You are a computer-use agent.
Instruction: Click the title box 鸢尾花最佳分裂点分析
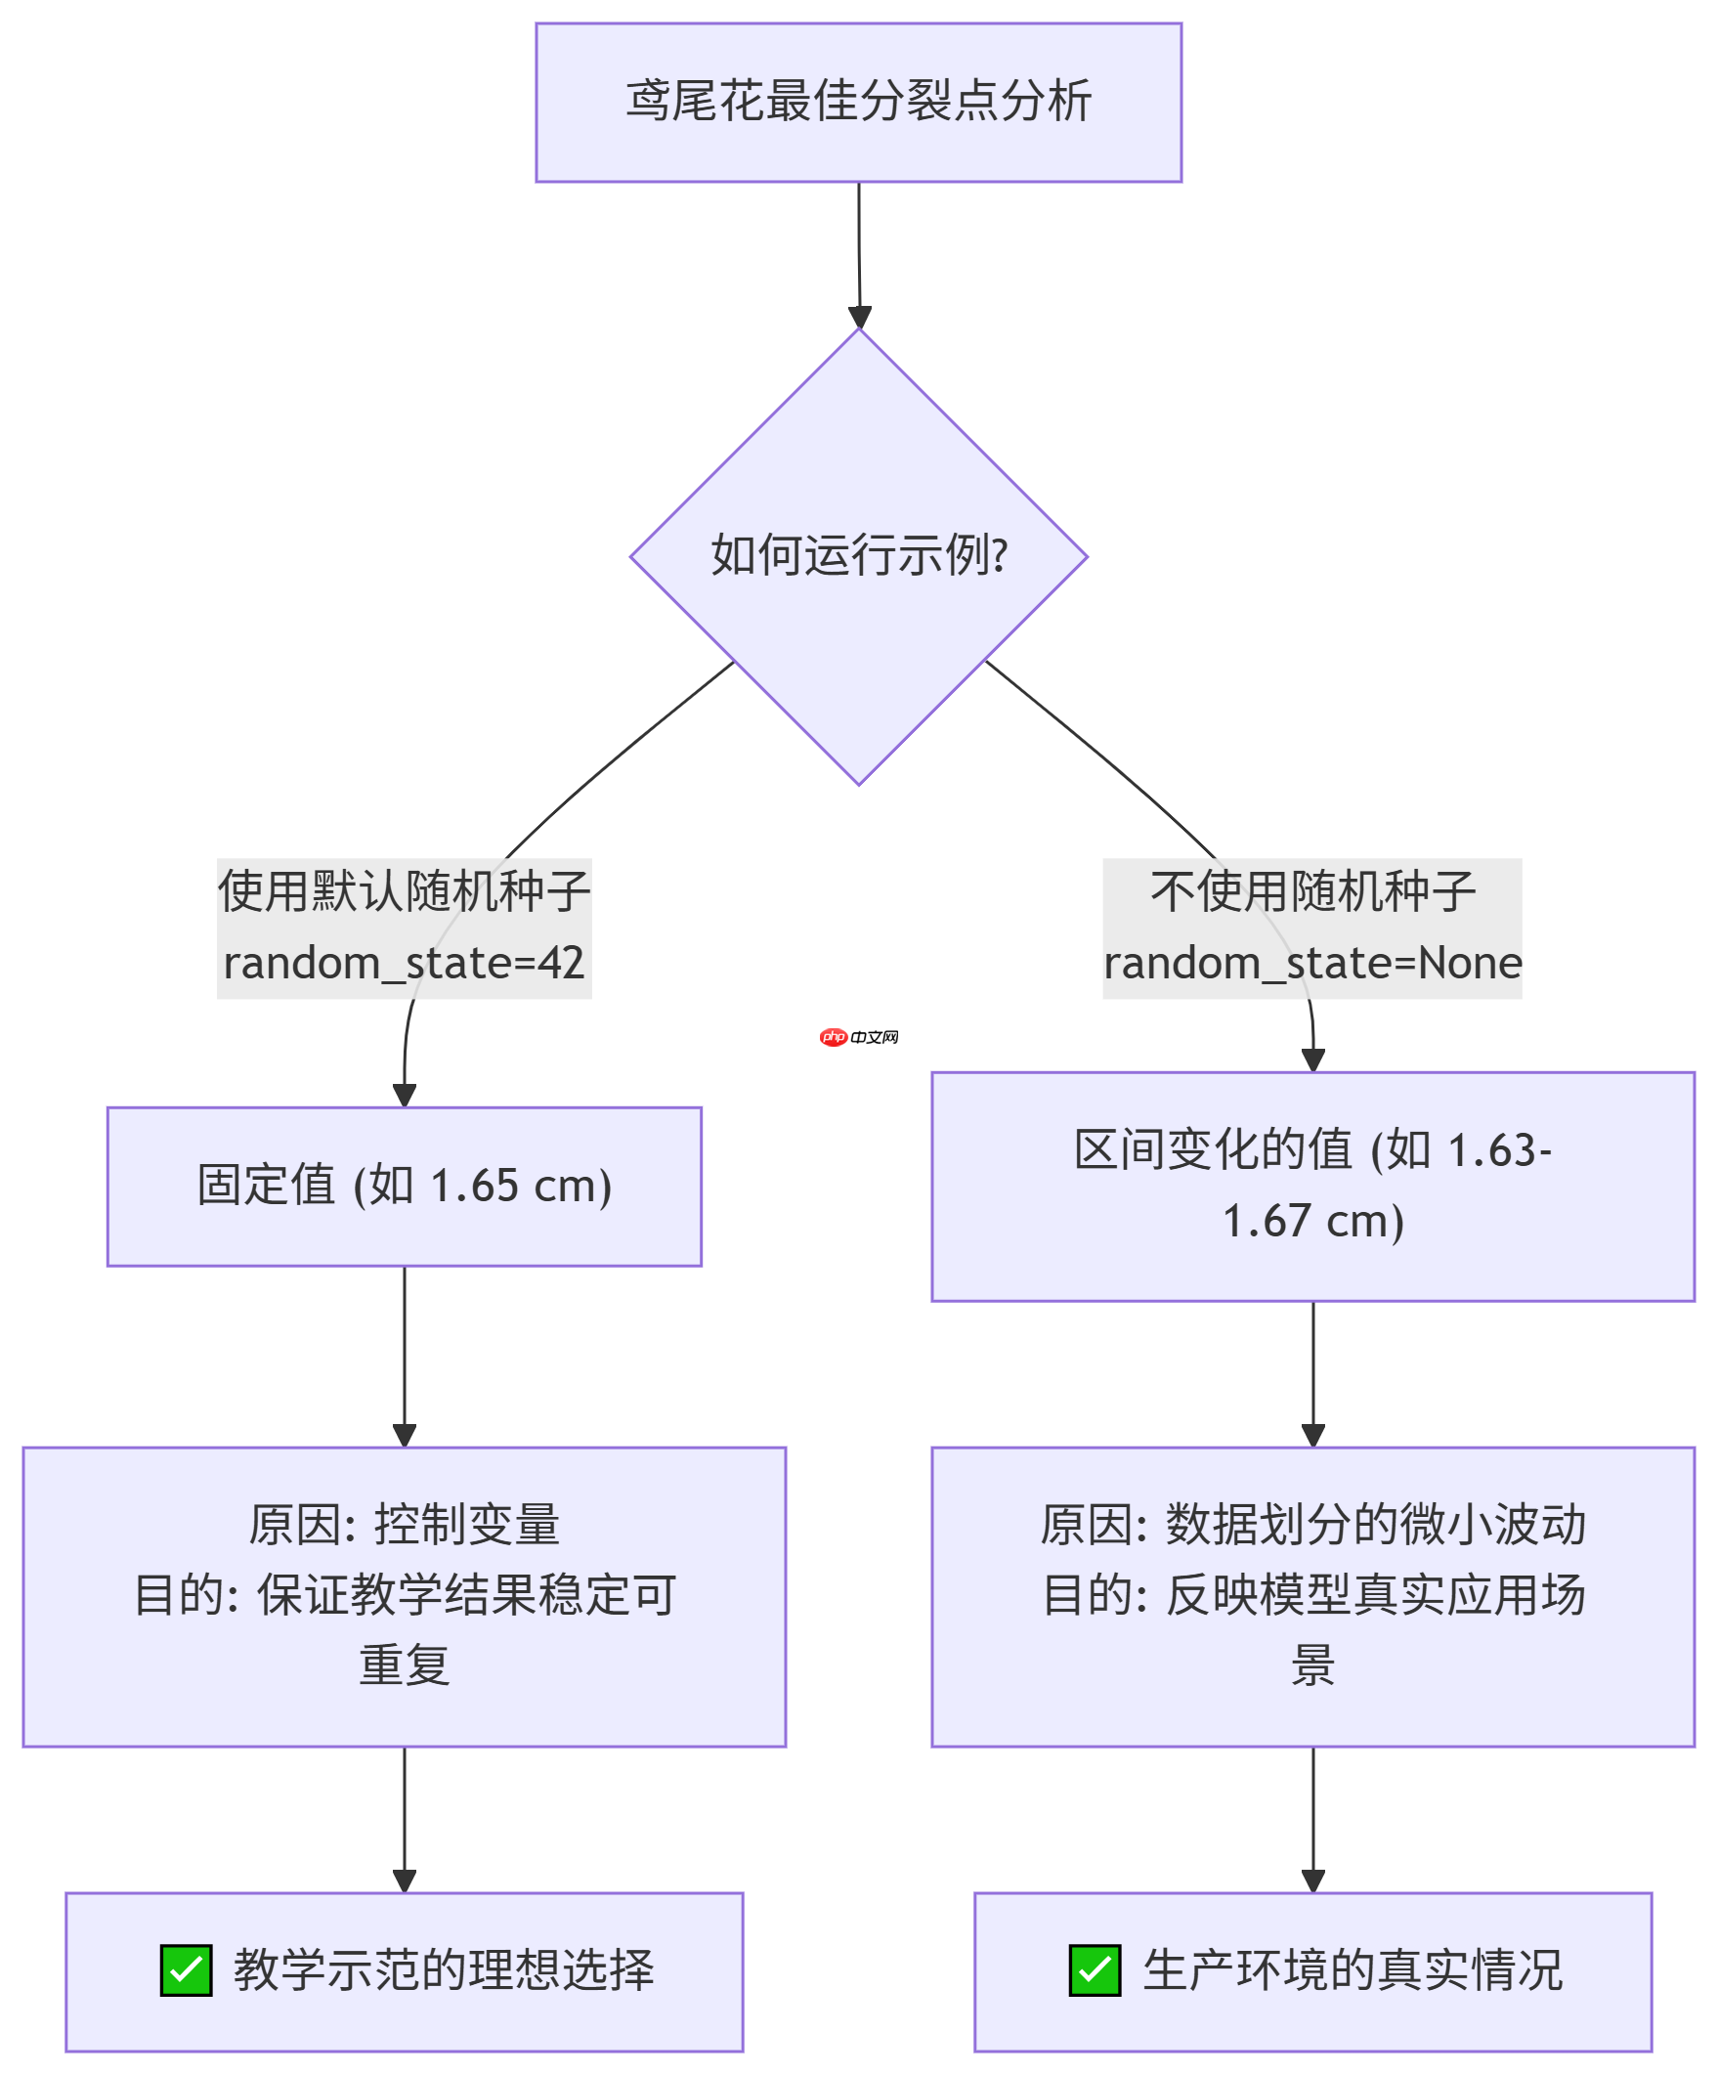coord(857,102)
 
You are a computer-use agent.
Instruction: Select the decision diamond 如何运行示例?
coord(857,556)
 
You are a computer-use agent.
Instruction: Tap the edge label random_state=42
coord(403,963)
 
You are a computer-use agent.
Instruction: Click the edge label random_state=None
coord(1312,963)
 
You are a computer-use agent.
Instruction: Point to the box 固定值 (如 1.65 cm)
coord(403,1186)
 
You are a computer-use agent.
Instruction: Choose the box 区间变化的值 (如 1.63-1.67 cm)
coord(1312,1186)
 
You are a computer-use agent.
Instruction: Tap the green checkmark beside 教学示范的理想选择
coord(186,1969)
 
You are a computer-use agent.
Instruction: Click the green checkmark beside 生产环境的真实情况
coord(1094,1969)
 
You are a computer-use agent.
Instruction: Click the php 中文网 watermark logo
coord(857,1036)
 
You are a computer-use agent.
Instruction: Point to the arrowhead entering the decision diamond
coord(860,318)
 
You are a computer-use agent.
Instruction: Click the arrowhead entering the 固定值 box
coord(404,1095)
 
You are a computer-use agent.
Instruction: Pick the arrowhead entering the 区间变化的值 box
coord(1312,1060)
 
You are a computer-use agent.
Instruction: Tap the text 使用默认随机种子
coord(403,891)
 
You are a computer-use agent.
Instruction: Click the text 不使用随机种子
coord(1312,891)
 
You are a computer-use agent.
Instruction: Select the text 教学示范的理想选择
coord(443,1969)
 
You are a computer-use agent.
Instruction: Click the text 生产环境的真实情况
coord(1352,1969)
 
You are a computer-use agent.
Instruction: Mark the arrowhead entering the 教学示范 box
coord(404,1880)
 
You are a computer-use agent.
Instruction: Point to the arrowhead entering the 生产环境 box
coord(1312,1880)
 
